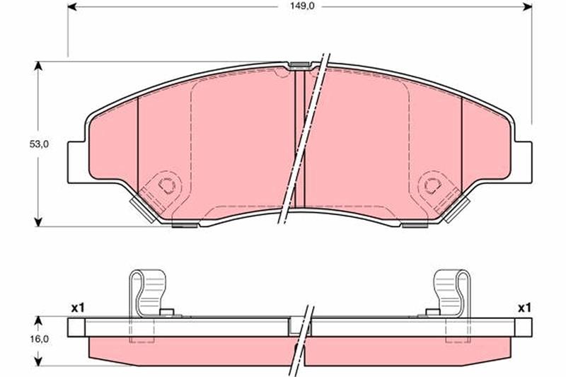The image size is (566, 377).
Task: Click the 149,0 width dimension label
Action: click(x=299, y=6)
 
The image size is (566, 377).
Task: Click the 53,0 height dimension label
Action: click(x=39, y=144)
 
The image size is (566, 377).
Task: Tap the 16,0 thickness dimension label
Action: click(x=39, y=339)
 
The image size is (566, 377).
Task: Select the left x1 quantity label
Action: click(x=78, y=308)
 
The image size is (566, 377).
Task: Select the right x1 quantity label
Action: click(x=524, y=308)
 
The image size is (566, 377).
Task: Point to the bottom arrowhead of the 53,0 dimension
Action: click(x=39, y=221)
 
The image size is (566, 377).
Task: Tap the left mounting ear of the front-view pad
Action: click(x=77, y=163)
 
